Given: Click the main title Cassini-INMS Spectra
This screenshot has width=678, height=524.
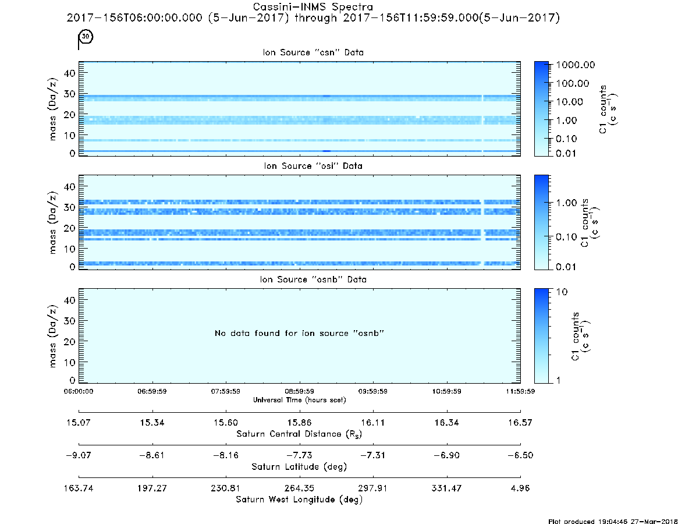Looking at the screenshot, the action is [313, 7].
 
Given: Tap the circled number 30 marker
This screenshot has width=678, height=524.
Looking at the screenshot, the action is [86, 36].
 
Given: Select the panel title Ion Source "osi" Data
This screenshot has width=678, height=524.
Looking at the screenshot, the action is [313, 166].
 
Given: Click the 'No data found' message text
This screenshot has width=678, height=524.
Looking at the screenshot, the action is [299, 333].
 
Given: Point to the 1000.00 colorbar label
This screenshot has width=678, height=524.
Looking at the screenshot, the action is [575, 65].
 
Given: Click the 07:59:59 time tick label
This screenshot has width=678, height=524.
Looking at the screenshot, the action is [225, 391].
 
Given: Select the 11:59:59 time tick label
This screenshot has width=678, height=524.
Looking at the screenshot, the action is [520, 391].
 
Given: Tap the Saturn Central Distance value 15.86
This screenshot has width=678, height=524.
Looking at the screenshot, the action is [299, 422].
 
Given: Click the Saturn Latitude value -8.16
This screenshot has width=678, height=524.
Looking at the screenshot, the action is [225, 455].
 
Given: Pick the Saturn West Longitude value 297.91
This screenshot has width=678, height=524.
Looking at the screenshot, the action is [372, 488].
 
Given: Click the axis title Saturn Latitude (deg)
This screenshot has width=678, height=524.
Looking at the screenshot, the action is [299, 467].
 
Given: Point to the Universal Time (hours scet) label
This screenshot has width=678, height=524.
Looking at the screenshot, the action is [299, 400].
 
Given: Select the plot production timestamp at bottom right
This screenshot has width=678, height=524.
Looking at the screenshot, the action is [613, 521].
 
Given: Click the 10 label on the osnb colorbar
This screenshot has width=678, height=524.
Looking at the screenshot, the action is [562, 292].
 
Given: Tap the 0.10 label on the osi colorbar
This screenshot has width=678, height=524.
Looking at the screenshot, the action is [566, 237].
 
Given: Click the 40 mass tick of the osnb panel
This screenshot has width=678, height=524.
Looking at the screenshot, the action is [70, 300].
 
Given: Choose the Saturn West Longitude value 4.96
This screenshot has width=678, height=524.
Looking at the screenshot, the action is [520, 488].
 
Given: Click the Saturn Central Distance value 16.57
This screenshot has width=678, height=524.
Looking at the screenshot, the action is [520, 422].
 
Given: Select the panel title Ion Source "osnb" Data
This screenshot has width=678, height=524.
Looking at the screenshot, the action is [313, 279].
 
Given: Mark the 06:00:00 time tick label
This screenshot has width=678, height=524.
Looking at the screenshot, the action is [79, 391].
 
